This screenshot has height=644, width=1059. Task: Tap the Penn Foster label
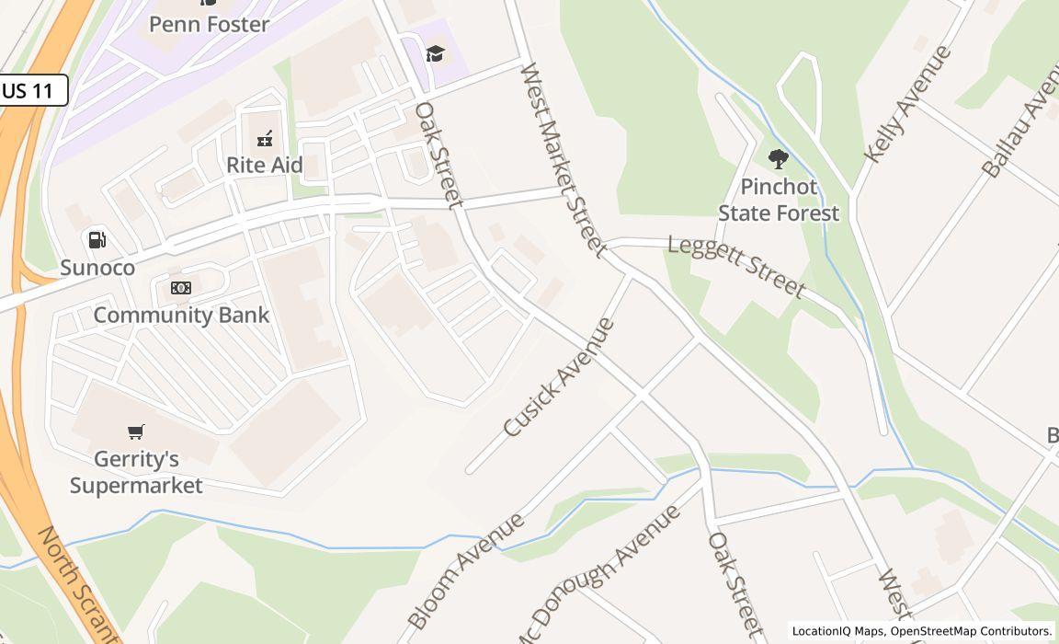(209, 24)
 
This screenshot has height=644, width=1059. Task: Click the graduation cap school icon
(435, 54)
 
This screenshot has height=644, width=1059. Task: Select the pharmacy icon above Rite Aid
(265, 139)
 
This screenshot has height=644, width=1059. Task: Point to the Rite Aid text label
(265, 165)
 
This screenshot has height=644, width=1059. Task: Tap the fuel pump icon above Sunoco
(97, 240)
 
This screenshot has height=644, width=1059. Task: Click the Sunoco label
(97, 268)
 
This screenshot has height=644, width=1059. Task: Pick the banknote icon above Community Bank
(181, 288)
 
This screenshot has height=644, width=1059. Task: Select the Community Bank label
(181, 315)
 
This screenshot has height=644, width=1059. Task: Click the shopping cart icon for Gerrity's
(136, 431)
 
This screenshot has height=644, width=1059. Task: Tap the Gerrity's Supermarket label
(136, 471)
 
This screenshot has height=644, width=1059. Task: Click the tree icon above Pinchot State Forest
(778, 159)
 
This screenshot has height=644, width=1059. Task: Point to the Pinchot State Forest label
(778, 200)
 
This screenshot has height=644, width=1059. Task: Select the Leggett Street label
(736, 267)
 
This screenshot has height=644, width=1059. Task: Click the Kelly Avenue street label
(906, 105)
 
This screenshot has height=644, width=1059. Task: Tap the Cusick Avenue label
(559, 377)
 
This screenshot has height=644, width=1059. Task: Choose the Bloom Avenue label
(465, 570)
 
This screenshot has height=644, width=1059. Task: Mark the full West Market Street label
(563, 160)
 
